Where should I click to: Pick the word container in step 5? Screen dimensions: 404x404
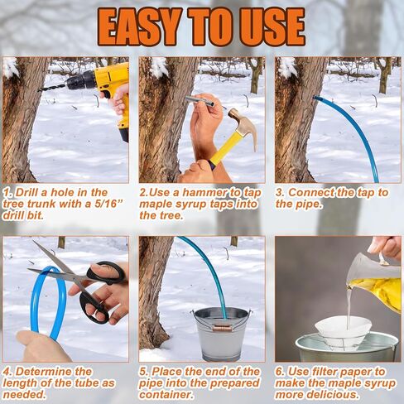pyautogui.click(x=171, y=395)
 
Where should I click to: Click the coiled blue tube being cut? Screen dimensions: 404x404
pyautogui.click(x=36, y=298)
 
